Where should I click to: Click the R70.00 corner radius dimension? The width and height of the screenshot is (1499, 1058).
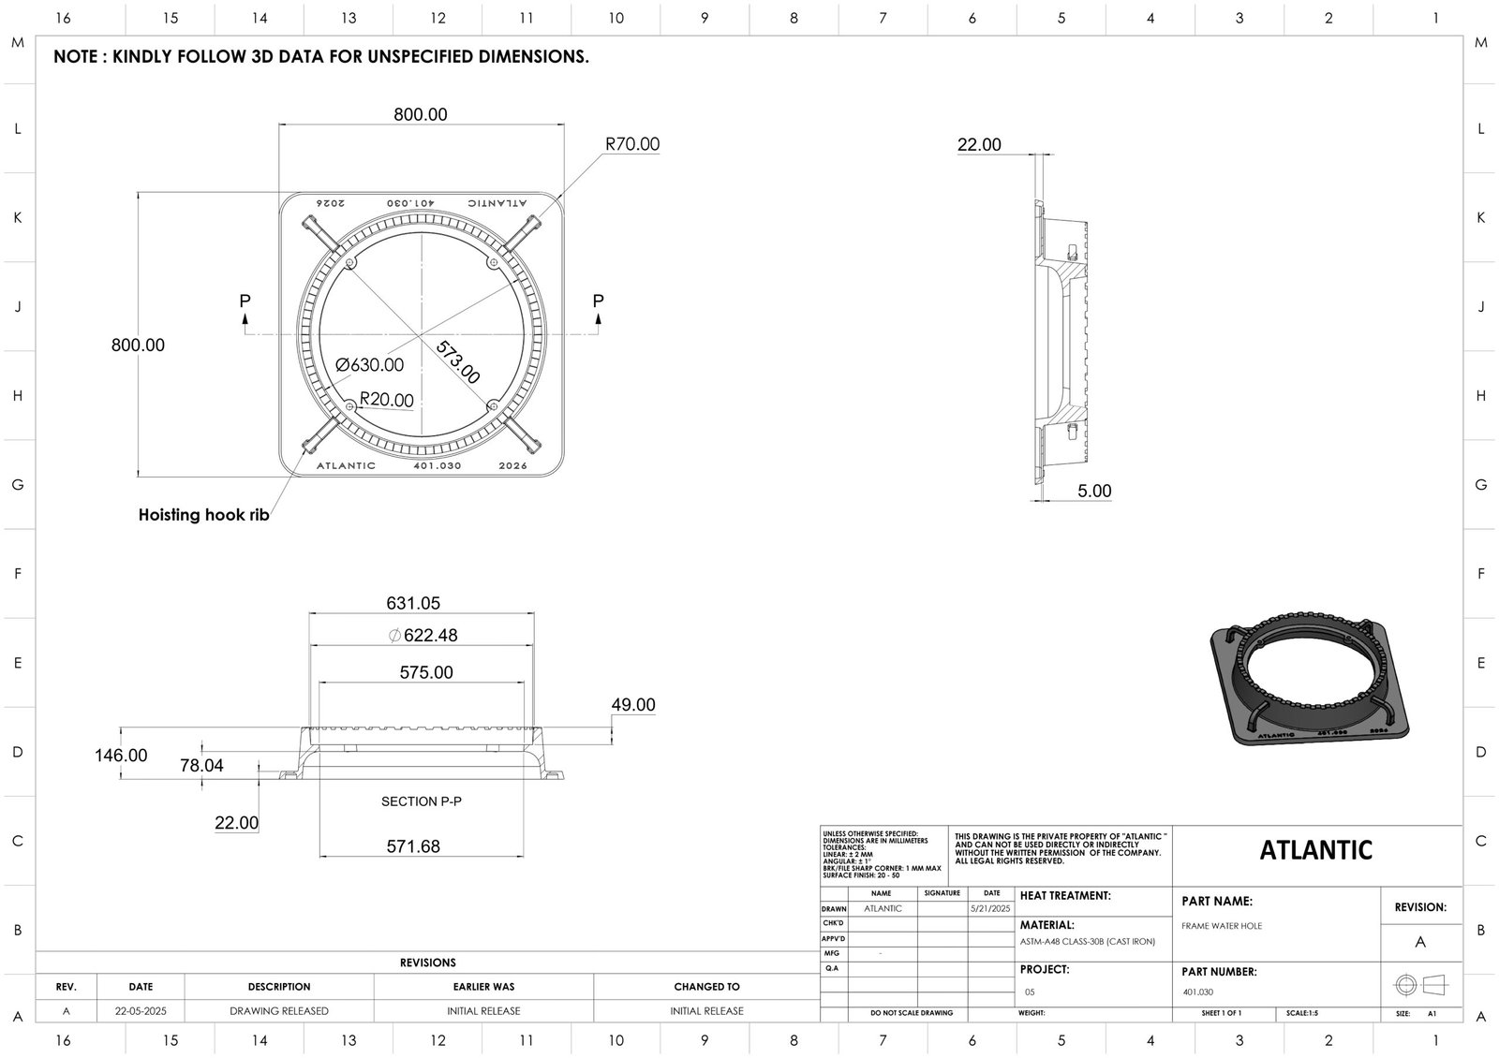tap(631, 144)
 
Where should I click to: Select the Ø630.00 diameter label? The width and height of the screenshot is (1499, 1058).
tap(369, 365)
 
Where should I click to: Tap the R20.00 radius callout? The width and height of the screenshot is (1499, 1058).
tap(386, 400)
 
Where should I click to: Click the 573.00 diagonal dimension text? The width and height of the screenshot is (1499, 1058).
tap(457, 362)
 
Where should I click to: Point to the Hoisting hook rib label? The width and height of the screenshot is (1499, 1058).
tap(203, 515)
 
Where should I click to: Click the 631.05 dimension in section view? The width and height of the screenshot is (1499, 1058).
tap(413, 604)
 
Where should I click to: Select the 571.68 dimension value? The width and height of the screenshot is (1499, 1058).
tap(413, 846)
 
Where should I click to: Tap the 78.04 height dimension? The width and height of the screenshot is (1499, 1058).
tap(201, 766)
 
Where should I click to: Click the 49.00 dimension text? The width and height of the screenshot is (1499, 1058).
tap(632, 705)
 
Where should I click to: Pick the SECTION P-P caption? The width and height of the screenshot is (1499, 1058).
tap(422, 801)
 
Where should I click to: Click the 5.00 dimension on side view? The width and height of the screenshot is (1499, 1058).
tap(1093, 492)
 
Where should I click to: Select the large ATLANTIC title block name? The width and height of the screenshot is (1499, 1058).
tap(1315, 850)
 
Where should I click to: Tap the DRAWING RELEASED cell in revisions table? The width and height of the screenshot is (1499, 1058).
tap(279, 1011)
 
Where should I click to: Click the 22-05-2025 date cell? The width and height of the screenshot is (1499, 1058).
tap(141, 1011)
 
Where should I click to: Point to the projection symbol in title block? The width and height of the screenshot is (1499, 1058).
tap(1420, 985)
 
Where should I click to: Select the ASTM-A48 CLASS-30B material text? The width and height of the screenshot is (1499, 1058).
tap(1087, 942)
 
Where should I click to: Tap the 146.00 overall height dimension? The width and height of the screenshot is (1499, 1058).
tap(121, 756)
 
